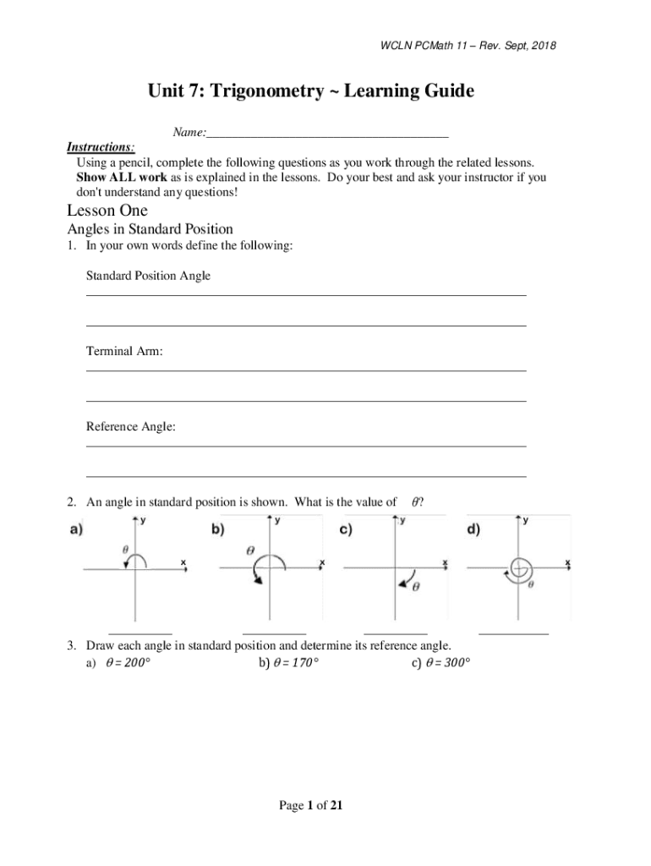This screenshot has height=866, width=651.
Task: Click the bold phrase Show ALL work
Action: click(113, 178)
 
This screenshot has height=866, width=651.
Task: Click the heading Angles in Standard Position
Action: click(150, 229)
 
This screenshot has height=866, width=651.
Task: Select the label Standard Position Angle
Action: click(148, 276)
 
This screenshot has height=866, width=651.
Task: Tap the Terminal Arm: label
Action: click(124, 351)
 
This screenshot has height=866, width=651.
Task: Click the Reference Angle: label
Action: click(131, 427)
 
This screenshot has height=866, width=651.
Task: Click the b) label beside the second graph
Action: click(217, 531)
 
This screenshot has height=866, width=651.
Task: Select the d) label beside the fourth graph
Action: click(473, 531)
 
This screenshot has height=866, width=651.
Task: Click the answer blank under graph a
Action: click(140, 631)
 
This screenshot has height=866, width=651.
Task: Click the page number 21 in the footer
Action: click(336, 806)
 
